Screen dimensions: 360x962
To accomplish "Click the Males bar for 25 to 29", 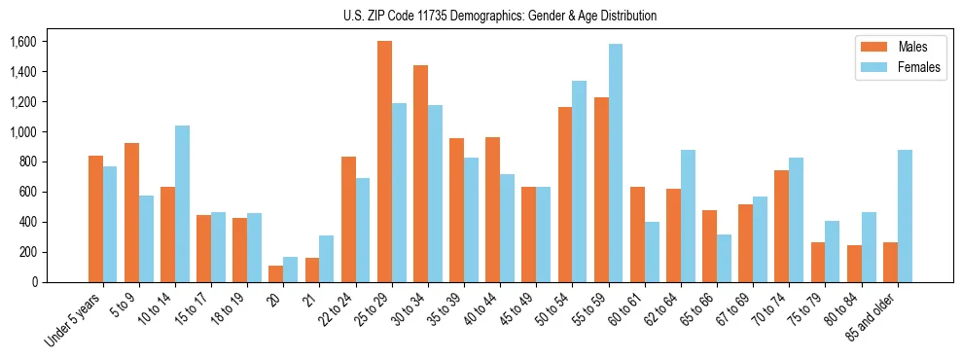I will point(384,162).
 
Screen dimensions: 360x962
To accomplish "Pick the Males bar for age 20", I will point(276,273).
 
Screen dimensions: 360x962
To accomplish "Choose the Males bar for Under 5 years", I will point(95,219).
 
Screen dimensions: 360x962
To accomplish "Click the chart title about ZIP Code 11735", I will point(500,16).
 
